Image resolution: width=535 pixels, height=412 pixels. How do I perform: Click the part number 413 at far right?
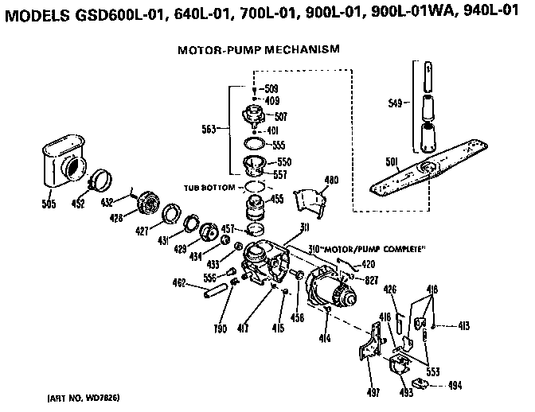click(466, 325)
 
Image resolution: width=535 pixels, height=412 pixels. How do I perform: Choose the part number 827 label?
click(372, 281)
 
